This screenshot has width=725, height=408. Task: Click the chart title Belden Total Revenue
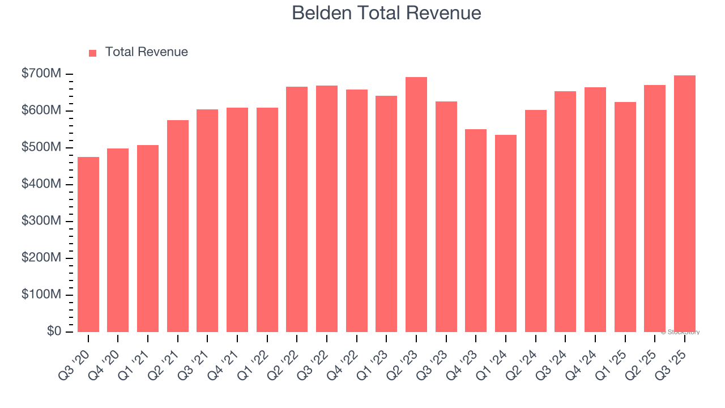(x=386, y=13)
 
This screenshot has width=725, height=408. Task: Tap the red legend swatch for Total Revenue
(x=93, y=53)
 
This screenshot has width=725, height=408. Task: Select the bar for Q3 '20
(x=88, y=244)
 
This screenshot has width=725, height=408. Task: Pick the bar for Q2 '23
(x=416, y=205)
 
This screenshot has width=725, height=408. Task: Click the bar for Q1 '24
(x=506, y=233)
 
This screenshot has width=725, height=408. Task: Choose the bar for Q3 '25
(x=685, y=204)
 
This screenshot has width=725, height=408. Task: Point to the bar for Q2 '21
(x=178, y=226)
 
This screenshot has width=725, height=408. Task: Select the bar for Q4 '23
(x=476, y=231)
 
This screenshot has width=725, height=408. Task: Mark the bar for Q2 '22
(x=297, y=210)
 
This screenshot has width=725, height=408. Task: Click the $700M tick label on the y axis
(x=42, y=74)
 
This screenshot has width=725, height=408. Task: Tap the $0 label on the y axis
(x=54, y=331)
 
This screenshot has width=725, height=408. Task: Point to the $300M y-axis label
(x=42, y=221)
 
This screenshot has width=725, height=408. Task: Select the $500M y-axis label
(x=42, y=147)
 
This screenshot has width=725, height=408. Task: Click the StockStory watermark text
(x=680, y=332)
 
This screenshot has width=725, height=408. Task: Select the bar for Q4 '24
(x=595, y=210)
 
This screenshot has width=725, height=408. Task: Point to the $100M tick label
(x=42, y=295)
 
